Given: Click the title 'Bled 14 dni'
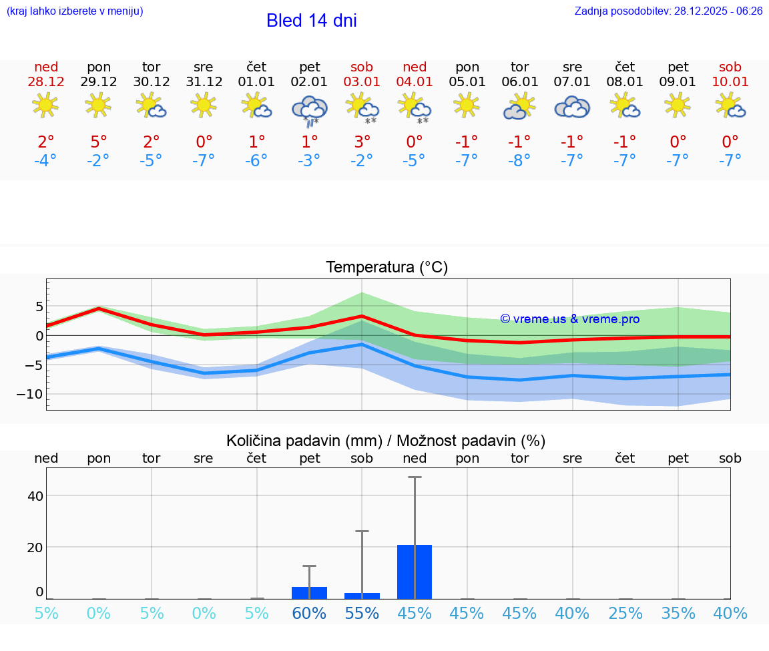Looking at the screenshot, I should (311, 21).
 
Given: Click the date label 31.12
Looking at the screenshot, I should (204, 82).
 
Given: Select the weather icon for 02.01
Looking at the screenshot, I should (309, 110).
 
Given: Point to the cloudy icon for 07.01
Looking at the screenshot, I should (572, 107).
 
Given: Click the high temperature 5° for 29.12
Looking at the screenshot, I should (98, 142).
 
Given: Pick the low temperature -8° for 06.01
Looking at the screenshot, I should (519, 161).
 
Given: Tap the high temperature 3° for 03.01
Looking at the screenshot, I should (362, 142).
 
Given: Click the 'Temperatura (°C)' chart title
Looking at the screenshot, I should (387, 268).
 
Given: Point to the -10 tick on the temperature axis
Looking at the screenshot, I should (30, 394).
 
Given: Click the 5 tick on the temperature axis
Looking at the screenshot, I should (39, 306).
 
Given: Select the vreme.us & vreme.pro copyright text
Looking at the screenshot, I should (569, 319).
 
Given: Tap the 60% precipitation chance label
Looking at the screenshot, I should (309, 613).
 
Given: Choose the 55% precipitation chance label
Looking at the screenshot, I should (362, 613).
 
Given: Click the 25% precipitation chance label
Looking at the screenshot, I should (625, 613).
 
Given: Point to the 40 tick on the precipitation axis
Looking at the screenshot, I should (35, 495).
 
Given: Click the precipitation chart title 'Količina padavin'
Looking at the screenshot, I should (386, 441).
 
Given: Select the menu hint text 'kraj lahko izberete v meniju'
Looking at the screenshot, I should (75, 11).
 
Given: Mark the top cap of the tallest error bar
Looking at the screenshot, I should (415, 477).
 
